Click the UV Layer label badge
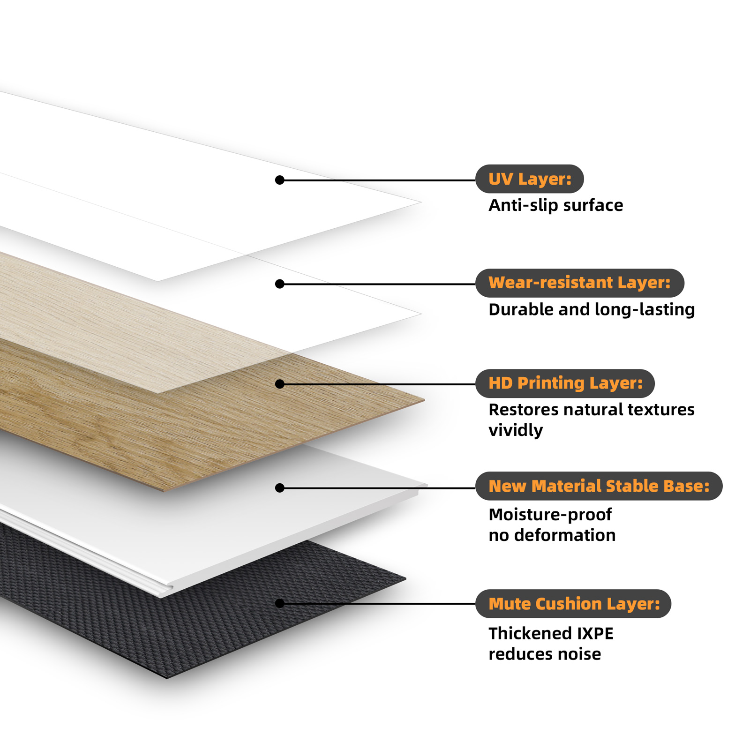pos(529,179)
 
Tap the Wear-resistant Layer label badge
pos(580,283)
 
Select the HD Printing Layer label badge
pos(565,383)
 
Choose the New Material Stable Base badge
pos(599,486)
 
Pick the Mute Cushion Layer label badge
pos(573,604)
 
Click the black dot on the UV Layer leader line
pos(280,180)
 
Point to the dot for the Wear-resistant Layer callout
pos(280,284)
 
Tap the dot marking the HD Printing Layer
pos(280,384)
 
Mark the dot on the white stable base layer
pos(280,488)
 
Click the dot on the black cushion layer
pos(280,603)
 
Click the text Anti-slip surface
pos(556,205)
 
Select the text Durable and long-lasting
pos(592,310)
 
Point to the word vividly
pos(516,430)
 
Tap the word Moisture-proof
pos(550,515)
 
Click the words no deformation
pos(552,535)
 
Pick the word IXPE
pos(595,634)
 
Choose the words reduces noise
pos(545,654)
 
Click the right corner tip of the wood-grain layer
pos(424,400)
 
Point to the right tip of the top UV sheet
pos(421,202)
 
